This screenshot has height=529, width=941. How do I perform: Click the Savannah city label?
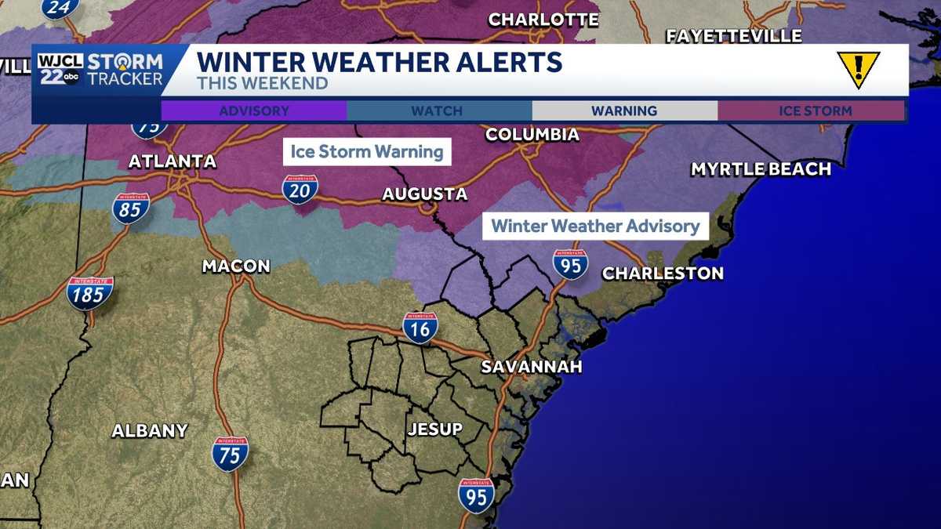click(x=531, y=367)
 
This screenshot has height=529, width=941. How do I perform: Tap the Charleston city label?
click(x=663, y=274)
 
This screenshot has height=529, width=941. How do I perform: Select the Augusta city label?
click(x=425, y=194)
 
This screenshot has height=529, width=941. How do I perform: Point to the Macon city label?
click(x=236, y=266)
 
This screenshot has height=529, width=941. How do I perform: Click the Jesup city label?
click(x=434, y=429)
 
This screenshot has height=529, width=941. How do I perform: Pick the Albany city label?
click(x=150, y=430)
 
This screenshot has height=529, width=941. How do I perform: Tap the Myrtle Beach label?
click(x=761, y=169)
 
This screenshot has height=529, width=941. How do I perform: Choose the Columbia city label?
click(x=532, y=135)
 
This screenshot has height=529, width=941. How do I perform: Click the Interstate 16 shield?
click(x=420, y=328)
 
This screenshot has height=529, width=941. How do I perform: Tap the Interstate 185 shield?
click(x=90, y=293)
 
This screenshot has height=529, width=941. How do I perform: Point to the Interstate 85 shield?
click(x=131, y=208)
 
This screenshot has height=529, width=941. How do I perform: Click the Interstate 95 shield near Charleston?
click(x=570, y=265)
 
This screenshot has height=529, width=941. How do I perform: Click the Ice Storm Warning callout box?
click(x=367, y=151)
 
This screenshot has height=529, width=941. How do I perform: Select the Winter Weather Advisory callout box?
click(x=595, y=226)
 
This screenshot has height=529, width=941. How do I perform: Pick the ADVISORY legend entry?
click(x=254, y=111)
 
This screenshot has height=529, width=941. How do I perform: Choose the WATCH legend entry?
click(x=438, y=111)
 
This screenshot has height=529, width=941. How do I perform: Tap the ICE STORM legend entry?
click(x=815, y=111)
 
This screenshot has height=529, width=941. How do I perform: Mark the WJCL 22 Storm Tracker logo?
click(x=100, y=70)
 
